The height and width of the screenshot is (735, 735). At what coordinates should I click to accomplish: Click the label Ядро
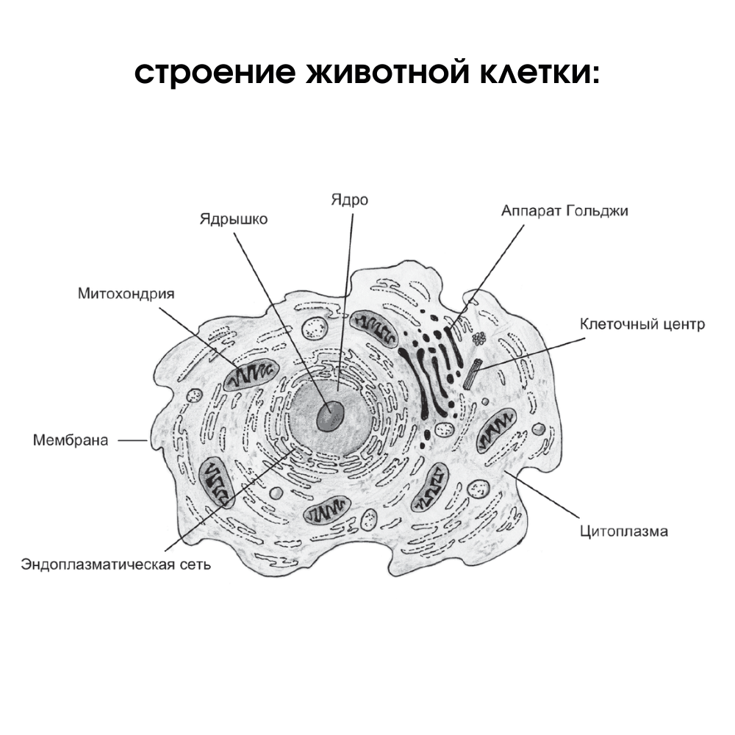pos(349,201)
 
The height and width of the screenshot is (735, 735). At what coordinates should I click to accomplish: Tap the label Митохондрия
pos(126,294)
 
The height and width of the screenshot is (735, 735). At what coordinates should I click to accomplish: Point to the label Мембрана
pos(71,440)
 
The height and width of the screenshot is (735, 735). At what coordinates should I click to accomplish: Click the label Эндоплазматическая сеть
pos(116,564)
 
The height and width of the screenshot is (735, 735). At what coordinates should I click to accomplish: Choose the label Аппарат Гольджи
pos(564,211)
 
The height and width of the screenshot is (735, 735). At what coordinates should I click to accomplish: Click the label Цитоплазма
pos(623,531)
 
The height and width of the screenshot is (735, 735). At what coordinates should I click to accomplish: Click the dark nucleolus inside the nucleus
pos(329,417)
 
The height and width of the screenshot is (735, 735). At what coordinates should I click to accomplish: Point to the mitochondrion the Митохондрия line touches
pos(248,376)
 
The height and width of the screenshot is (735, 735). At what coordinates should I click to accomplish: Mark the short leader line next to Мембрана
pos(133,440)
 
